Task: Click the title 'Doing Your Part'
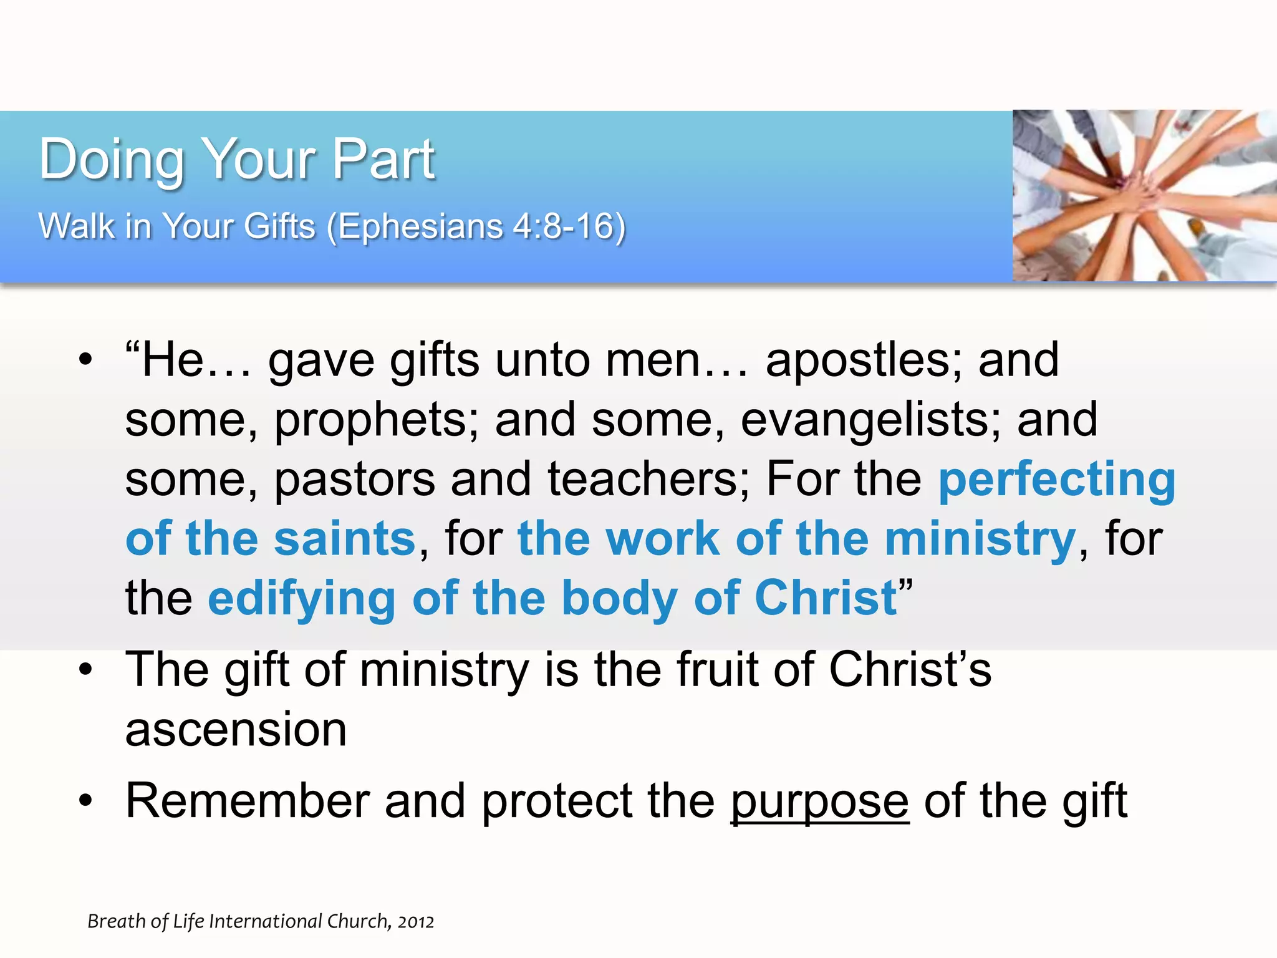click(236, 160)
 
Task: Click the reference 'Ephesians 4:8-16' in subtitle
click(476, 226)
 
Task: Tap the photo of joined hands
click(1144, 195)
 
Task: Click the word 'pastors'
click(354, 479)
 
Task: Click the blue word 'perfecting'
click(1056, 479)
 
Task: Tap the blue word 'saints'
click(345, 538)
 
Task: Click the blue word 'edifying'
click(302, 598)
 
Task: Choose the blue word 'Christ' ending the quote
click(826, 598)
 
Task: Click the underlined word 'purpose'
click(819, 801)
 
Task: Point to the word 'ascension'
click(236, 729)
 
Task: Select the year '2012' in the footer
click(415, 922)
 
